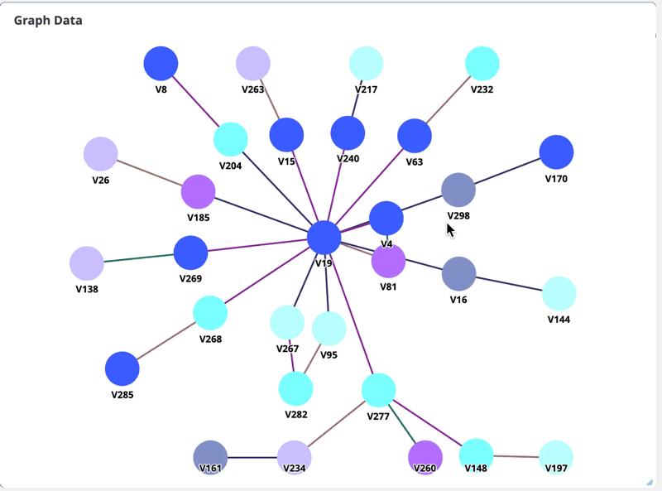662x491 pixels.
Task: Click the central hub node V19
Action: [x=324, y=238]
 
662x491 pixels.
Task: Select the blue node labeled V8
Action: [x=161, y=64]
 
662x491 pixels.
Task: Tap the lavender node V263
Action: [x=253, y=64]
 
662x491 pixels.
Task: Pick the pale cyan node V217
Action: [x=366, y=64]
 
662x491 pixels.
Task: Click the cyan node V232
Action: [x=482, y=64]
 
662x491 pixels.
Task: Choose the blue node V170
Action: [x=556, y=152]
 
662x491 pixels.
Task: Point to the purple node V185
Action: [x=198, y=192]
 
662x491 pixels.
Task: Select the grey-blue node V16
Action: [x=458, y=274]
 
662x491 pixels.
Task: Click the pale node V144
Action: [x=559, y=294]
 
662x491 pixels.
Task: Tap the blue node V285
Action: [x=122, y=369]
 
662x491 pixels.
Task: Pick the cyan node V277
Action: [x=378, y=390]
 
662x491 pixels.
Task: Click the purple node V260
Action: [x=425, y=457]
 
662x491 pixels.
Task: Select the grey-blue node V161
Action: [x=210, y=457]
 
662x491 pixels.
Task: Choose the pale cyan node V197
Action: [x=556, y=457]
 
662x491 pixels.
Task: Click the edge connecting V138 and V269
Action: [x=139, y=258]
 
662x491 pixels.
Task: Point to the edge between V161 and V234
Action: [x=252, y=457]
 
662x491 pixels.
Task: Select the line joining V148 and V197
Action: [x=516, y=456]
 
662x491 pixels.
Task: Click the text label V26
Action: [x=101, y=180]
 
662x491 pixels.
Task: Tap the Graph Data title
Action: [x=48, y=20]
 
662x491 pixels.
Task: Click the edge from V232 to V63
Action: [x=448, y=100]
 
